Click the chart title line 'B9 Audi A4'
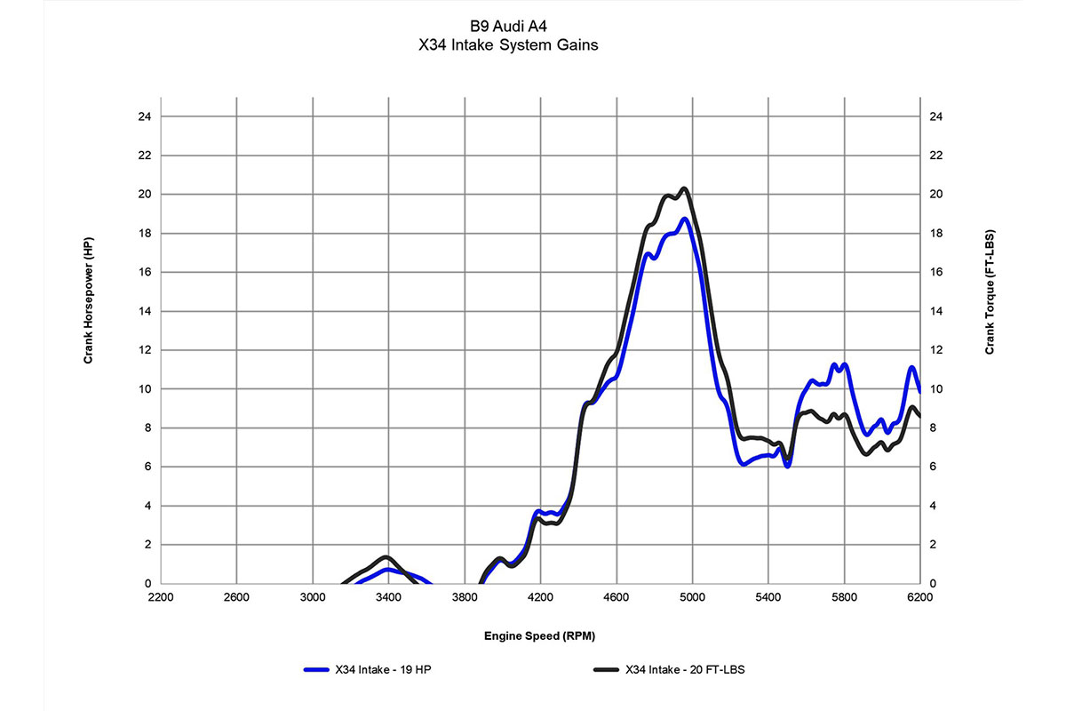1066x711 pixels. click(x=507, y=26)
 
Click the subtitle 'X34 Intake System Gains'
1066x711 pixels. click(x=507, y=45)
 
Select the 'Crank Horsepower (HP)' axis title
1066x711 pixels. click(x=89, y=300)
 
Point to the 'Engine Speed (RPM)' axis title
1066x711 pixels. click(x=540, y=635)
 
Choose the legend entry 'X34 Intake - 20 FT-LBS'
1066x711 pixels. click(x=685, y=669)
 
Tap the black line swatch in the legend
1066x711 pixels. click(x=606, y=669)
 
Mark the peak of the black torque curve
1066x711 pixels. click(x=684, y=188)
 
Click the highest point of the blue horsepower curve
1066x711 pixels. click(x=684, y=219)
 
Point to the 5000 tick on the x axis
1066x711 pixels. click(x=692, y=599)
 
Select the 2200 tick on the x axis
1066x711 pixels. click(x=161, y=599)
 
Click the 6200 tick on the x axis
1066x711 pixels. click(x=919, y=599)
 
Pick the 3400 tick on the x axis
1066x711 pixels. click(x=388, y=599)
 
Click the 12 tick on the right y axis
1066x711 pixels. click(x=935, y=350)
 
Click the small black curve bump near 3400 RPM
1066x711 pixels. click(x=386, y=557)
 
